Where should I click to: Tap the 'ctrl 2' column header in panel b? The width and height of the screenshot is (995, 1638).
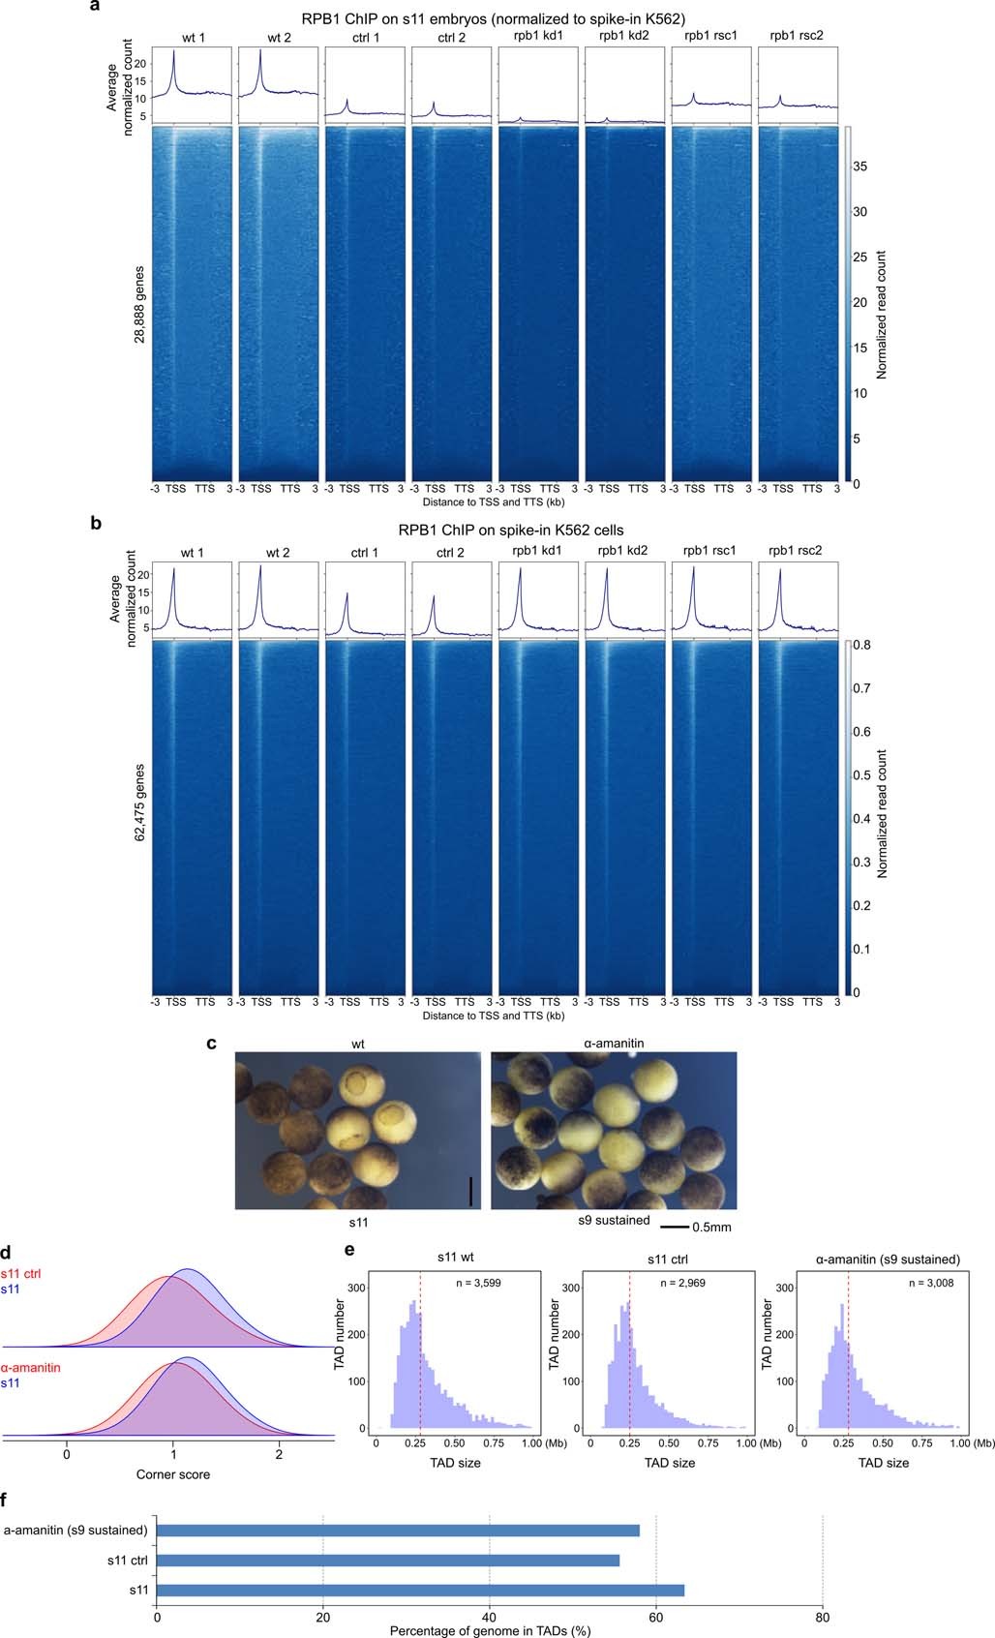click(x=450, y=553)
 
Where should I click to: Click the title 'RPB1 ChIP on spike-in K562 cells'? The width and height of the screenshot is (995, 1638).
click(x=497, y=531)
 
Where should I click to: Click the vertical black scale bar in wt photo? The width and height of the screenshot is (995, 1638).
click(x=470, y=1191)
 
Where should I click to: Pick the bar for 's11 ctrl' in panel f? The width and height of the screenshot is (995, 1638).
click(x=387, y=1561)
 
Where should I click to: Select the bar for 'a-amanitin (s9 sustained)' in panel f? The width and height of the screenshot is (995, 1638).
click(x=397, y=1531)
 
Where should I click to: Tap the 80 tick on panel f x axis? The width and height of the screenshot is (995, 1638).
click(x=822, y=1615)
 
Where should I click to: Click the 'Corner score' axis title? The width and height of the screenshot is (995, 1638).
click(x=172, y=1474)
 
